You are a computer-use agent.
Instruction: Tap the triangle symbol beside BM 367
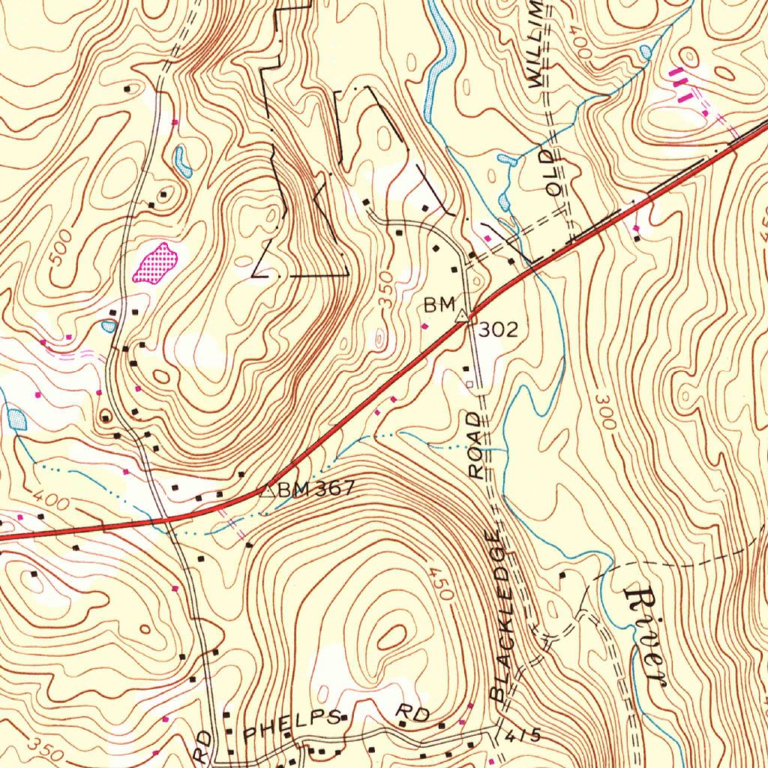pyautogui.click(x=265, y=490)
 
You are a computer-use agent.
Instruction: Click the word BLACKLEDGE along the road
pyautogui.click(x=504, y=615)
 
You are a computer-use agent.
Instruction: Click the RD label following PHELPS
pyautogui.click(x=412, y=712)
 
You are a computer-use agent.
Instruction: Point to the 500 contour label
pyautogui.click(x=62, y=248)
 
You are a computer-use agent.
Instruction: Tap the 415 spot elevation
pyautogui.click(x=522, y=736)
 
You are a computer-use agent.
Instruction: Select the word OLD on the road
pyautogui.click(x=554, y=173)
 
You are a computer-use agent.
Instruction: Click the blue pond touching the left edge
pyautogui.click(x=15, y=418)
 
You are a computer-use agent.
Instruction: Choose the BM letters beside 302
pyautogui.click(x=439, y=304)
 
